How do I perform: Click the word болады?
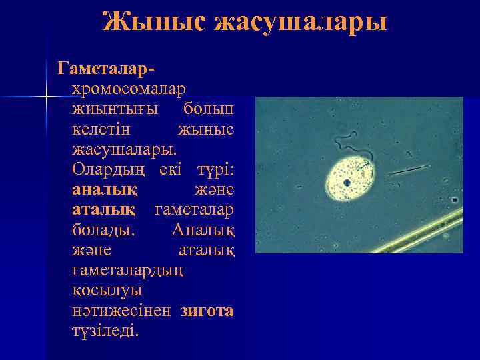[x=103, y=229]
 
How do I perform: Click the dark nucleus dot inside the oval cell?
[x=347, y=182]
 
